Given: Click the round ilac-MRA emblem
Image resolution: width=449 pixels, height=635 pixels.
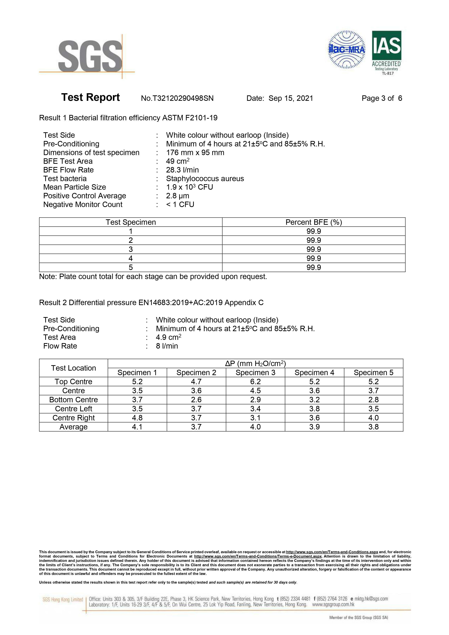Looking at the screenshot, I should click(346, 50).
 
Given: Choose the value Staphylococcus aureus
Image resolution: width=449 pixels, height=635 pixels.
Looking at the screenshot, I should click(205, 179).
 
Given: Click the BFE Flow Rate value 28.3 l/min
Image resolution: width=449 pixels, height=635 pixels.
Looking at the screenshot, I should click(182, 170).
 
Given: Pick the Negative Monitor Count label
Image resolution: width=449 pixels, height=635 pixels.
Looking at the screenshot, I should click(83, 205).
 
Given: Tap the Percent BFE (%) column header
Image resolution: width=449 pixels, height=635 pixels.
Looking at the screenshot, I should click(313, 222).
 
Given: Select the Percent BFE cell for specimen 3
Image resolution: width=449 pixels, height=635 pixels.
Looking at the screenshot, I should click(313, 250).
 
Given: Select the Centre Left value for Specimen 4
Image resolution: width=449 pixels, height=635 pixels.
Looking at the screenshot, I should click(314, 409).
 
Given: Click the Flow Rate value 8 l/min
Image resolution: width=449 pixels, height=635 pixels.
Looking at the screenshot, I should click(167, 346).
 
